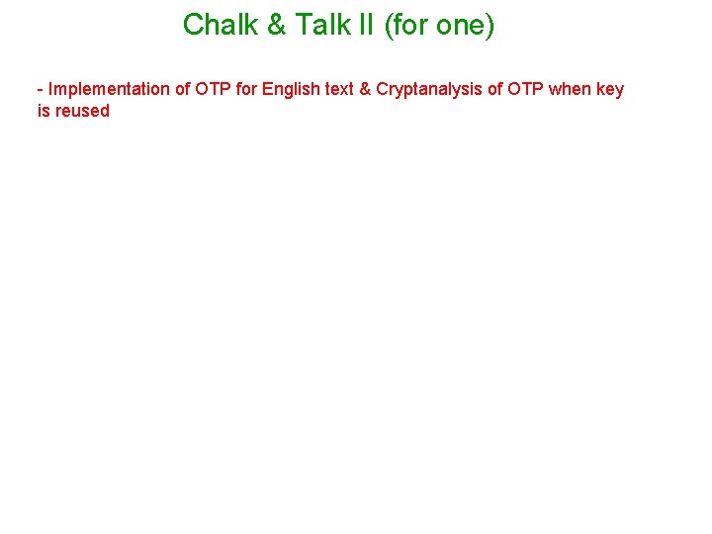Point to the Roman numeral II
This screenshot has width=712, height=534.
(366, 25)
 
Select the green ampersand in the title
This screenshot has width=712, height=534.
(276, 25)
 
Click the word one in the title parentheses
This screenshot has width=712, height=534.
(459, 25)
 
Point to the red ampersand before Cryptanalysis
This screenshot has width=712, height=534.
(366, 89)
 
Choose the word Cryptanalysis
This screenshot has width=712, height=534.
(429, 89)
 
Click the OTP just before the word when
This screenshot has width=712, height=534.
(526, 89)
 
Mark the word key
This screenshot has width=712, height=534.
(611, 89)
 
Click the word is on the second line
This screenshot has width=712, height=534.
(44, 111)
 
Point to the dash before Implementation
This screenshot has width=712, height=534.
(41, 89)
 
